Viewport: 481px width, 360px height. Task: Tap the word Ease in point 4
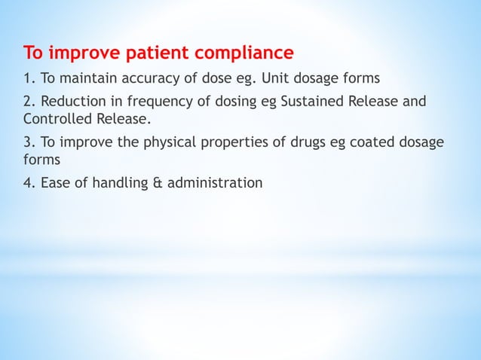coord(51,182)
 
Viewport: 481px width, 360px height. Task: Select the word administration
coord(211,182)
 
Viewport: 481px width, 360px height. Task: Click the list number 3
coord(28,142)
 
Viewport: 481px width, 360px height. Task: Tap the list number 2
coord(28,102)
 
